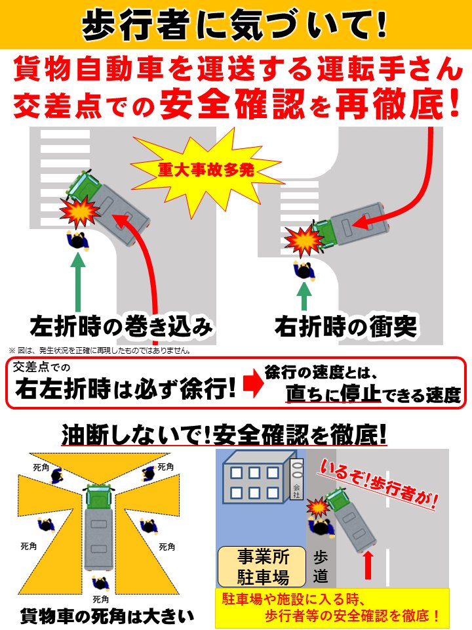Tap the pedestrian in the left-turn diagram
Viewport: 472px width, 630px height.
tap(78, 240)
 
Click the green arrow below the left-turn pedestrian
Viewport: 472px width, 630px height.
tap(78, 282)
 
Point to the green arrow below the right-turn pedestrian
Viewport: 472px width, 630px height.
tap(305, 297)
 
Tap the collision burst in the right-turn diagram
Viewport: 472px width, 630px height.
tap(304, 240)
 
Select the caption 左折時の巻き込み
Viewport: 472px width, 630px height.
tap(121, 326)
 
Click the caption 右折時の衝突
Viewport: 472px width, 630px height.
tap(346, 326)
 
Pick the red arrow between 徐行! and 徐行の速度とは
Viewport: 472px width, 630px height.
tap(254, 385)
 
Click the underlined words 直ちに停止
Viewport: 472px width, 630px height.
tap(333, 393)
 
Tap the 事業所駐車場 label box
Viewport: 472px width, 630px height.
tap(262, 567)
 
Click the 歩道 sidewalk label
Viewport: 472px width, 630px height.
tap(321, 567)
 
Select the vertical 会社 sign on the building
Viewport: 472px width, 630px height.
tap(296, 479)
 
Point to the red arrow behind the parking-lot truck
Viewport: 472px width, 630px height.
tap(367, 565)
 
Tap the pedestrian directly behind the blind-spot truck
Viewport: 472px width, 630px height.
tap(100, 583)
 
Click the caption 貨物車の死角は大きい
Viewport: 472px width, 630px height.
tap(107, 616)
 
